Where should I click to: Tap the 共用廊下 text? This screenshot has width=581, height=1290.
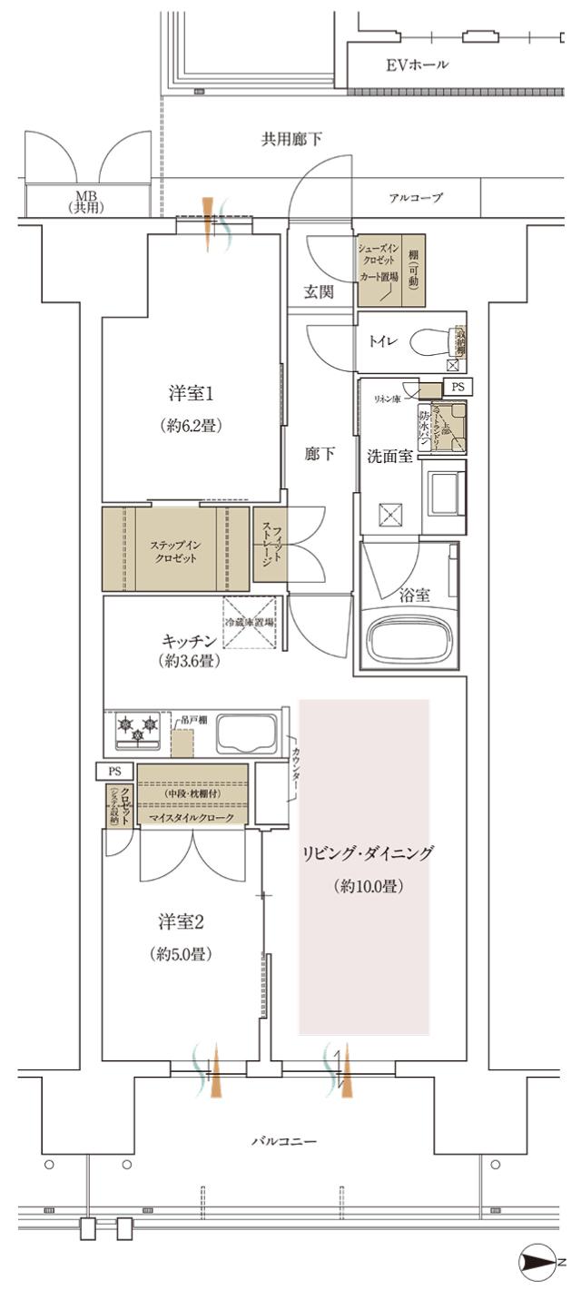(x=291, y=138)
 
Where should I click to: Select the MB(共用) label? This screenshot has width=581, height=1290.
(x=87, y=202)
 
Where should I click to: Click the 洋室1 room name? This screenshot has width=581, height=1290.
(x=192, y=394)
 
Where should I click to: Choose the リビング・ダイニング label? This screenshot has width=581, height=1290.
(x=369, y=852)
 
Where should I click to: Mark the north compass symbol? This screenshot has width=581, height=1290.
(x=536, y=1262)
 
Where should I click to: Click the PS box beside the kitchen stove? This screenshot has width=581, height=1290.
(x=115, y=771)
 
